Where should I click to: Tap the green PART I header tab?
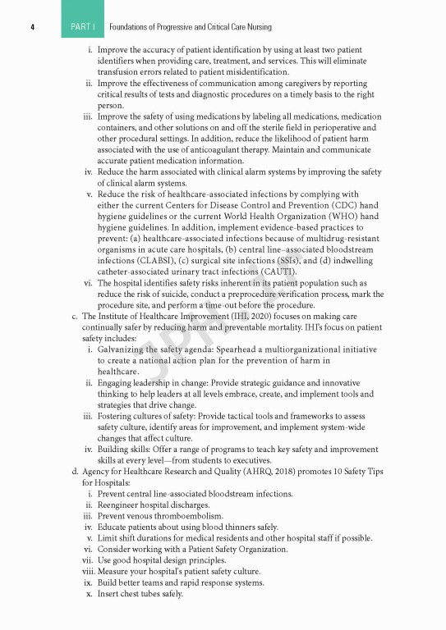(x=82, y=27)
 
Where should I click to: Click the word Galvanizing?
(x=124, y=349)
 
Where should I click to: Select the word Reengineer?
(x=122, y=504)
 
